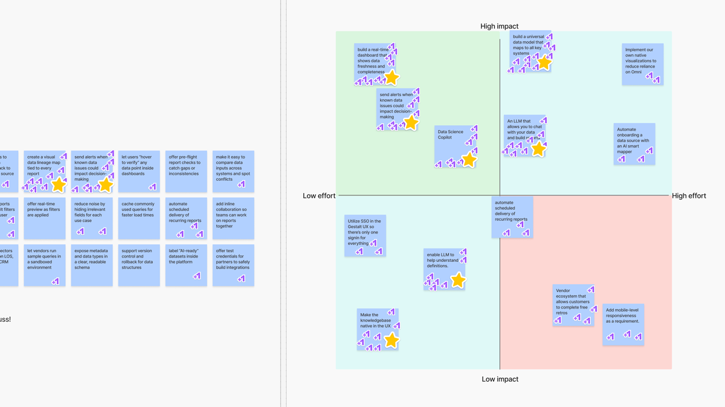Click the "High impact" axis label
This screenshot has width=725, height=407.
tap(499, 26)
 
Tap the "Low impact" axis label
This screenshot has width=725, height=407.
tap(500, 379)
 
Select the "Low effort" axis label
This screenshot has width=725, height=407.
tap(319, 196)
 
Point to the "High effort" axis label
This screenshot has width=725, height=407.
tap(689, 196)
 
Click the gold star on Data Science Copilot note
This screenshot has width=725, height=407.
tap(469, 160)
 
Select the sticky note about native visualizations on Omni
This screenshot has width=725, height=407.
tap(642, 63)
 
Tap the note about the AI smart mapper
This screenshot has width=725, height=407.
tap(634, 143)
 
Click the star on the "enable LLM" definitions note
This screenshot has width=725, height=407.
tap(458, 280)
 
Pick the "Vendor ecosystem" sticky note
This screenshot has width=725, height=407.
tap(572, 304)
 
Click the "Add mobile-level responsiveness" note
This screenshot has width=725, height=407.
tap(623, 324)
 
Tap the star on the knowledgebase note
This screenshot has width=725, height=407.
tap(391, 340)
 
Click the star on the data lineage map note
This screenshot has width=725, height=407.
tap(59, 184)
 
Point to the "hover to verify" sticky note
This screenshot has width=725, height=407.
tap(139, 171)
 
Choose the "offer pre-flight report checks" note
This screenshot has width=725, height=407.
tap(186, 171)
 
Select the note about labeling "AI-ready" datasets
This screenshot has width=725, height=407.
tap(186, 264)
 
